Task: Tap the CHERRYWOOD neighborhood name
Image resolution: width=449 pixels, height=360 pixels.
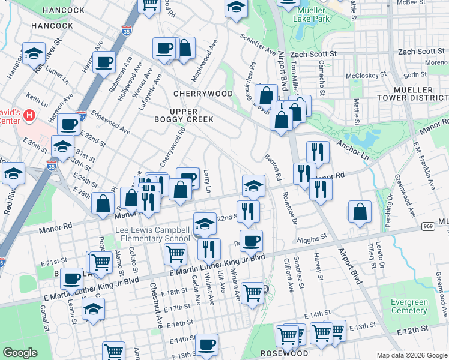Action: point(203,94)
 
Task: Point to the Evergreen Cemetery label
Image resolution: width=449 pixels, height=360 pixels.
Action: point(409,306)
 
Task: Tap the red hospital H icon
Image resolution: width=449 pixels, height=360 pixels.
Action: point(28,114)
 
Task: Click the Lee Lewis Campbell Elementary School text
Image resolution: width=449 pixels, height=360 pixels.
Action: point(154,234)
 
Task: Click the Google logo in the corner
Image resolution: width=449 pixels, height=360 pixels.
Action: point(20,353)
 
